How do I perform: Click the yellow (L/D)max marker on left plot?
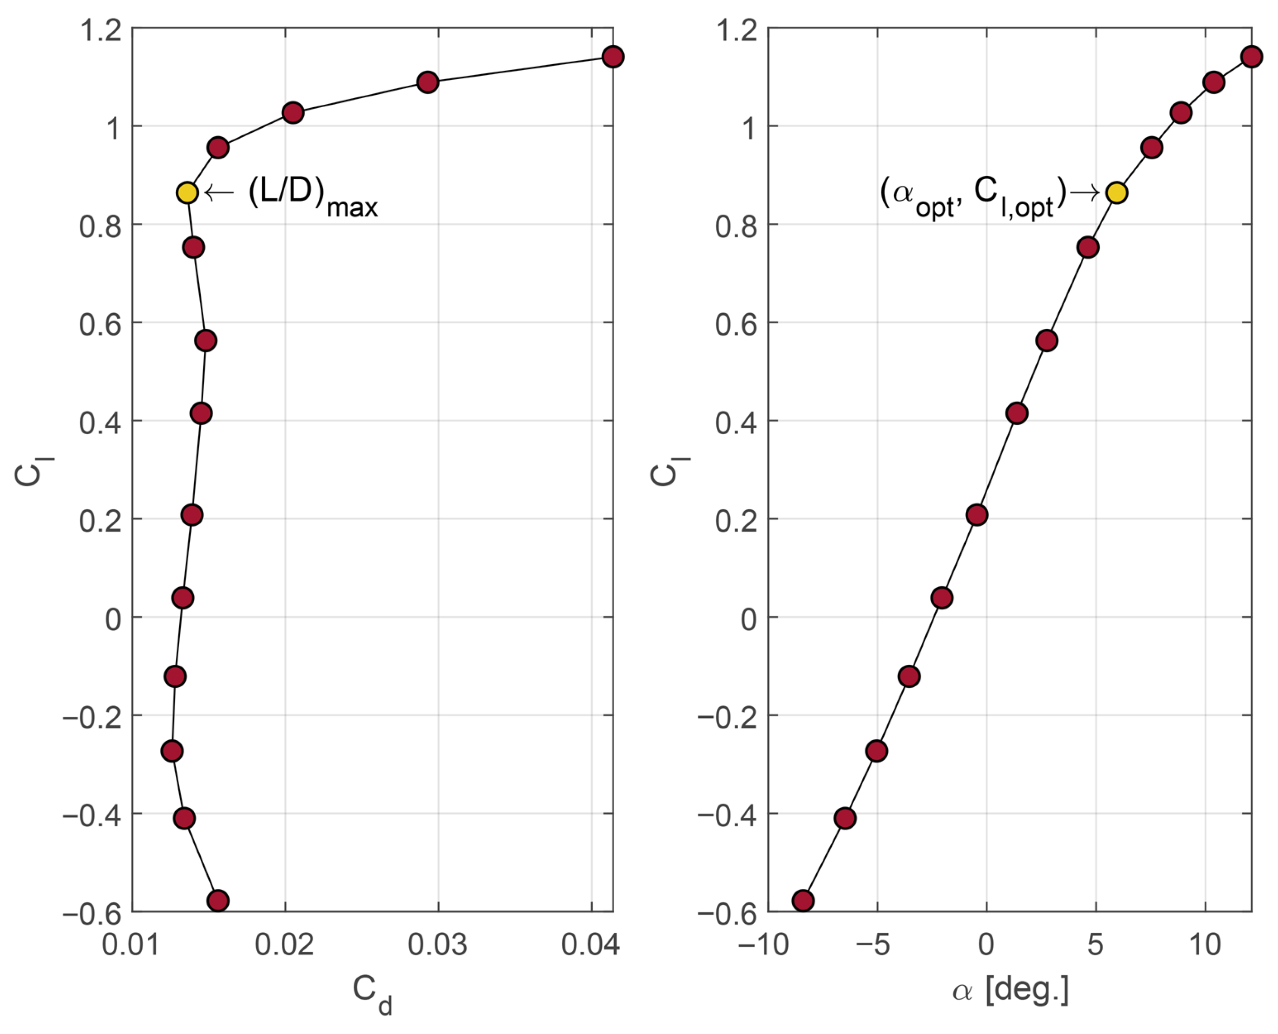187,193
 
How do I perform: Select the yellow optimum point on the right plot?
1116,193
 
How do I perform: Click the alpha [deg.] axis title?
1011,992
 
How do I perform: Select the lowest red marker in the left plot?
218,900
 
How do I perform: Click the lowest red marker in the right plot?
803,900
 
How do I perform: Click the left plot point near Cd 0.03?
428,82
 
